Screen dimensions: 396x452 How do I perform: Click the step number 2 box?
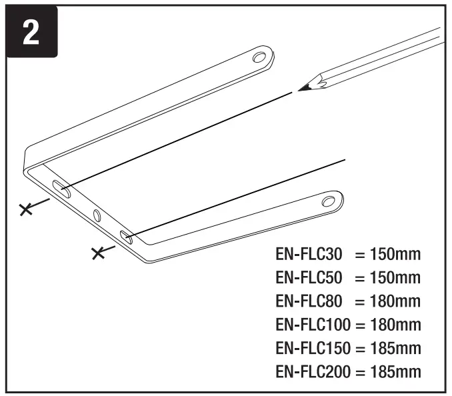(x=31, y=32)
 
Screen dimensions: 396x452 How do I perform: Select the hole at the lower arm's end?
(x=328, y=201)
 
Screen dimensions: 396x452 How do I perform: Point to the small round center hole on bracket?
(x=96, y=215)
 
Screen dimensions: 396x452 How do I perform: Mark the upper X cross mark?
(x=27, y=210)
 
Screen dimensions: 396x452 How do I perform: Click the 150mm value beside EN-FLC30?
(x=395, y=255)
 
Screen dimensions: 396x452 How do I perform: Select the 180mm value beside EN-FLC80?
(x=395, y=301)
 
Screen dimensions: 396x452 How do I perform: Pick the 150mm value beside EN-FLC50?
(x=395, y=277)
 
